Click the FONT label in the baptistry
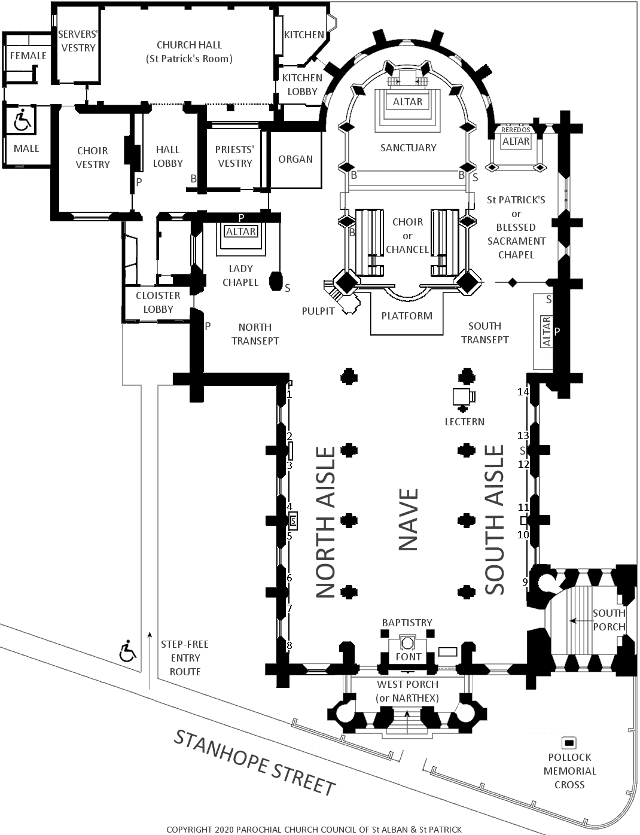(x=408, y=657)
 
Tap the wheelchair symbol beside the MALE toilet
(x=23, y=120)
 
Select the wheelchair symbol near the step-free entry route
(x=127, y=651)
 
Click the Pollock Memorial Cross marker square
(x=569, y=743)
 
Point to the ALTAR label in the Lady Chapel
(x=241, y=231)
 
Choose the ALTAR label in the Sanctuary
(x=407, y=102)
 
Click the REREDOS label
(x=516, y=130)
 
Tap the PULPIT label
(x=318, y=311)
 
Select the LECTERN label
(x=464, y=422)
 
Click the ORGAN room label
(x=295, y=159)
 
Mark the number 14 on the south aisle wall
(x=523, y=392)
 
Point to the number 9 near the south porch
(x=525, y=581)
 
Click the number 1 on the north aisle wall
(x=289, y=395)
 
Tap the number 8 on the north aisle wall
(x=289, y=645)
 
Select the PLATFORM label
(x=407, y=316)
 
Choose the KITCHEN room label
(x=304, y=35)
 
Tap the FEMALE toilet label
(x=28, y=56)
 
